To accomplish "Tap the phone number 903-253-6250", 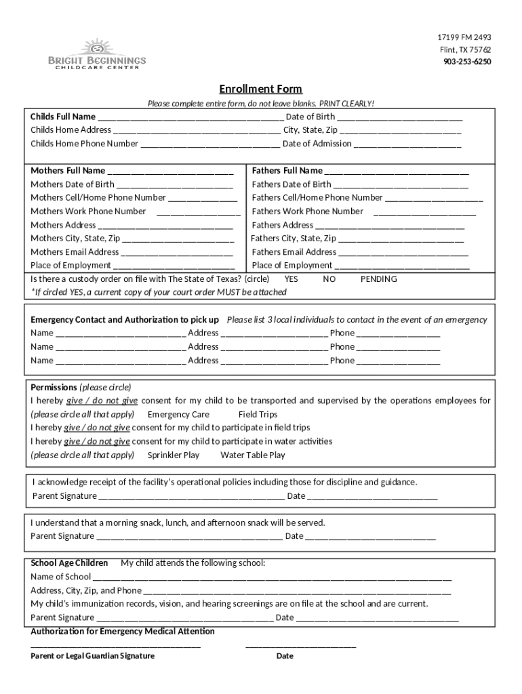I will tap(467, 62).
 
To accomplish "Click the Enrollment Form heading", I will tap(260, 89).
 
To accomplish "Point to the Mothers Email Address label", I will tap(75, 252).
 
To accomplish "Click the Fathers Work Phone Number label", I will tap(307, 211).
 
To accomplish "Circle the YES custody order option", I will tap(291, 279).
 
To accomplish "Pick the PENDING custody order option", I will tap(378, 279).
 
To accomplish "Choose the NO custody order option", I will tap(329, 279).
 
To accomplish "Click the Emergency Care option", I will tap(178, 415).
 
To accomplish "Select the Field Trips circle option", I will tap(258, 415).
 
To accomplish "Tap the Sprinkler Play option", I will tap(174, 455).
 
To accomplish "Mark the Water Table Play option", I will tap(252, 455).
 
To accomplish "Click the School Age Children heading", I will tap(69, 563).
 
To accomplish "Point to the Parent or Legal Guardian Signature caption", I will tap(93, 656).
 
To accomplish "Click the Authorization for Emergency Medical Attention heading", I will tap(123, 632).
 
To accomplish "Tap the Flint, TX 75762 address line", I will tap(464, 49).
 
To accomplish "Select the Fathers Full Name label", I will tap(287, 171).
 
